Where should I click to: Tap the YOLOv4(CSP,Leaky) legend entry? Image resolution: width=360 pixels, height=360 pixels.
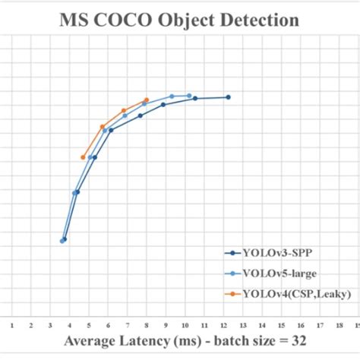tap(289, 292)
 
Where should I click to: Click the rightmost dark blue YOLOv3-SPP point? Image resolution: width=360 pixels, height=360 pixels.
tap(228, 97)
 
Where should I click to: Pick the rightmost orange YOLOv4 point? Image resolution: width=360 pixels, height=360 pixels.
tap(147, 99)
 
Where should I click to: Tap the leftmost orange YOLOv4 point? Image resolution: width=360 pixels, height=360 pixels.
tap(83, 157)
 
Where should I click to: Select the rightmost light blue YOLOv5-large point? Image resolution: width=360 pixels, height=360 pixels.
tap(189, 96)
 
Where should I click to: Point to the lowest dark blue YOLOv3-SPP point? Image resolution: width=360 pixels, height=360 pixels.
tap(65, 239)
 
